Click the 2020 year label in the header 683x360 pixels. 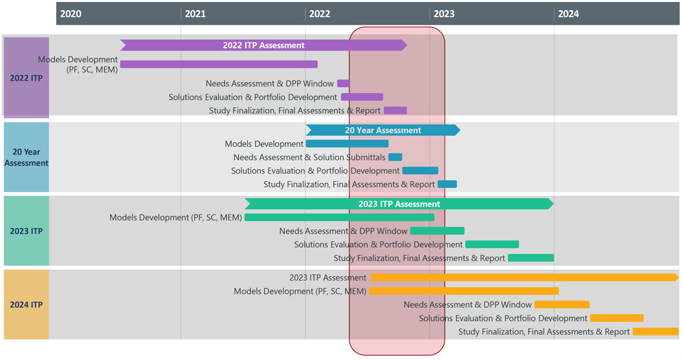(x=70, y=14)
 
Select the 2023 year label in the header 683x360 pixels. (x=444, y=14)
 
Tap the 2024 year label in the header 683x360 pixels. (x=568, y=14)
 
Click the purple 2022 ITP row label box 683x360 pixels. (x=27, y=78)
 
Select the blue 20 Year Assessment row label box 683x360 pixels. (x=27, y=157)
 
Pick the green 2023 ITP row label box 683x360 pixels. (x=27, y=231)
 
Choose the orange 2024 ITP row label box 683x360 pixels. (x=27, y=305)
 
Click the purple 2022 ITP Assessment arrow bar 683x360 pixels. (x=263, y=46)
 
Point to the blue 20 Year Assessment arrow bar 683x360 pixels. (x=382, y=130)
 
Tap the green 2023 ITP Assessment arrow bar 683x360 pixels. (x=399, y=204)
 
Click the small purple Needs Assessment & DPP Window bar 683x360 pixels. (x=344, y=84)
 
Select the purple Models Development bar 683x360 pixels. (x=219, y=65)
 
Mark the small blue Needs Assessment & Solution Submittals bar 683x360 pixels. (x=395, y=158)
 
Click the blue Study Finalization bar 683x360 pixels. (x=447, y=184)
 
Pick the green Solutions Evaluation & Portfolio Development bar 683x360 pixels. (x=492, y=245)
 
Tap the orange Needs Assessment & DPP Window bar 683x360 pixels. (x=562, y=305)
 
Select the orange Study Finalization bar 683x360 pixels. (x=655, y=332)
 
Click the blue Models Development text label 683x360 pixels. (x=264, y=144)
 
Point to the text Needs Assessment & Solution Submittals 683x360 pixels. (x=309, y=158)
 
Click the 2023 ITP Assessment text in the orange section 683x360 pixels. (x=328, y=278)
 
